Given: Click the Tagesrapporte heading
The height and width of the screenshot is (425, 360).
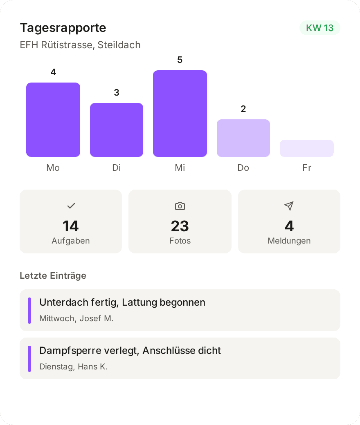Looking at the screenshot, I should tap(63, 28).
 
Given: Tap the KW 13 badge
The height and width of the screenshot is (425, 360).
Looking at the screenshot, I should tap(320, 28).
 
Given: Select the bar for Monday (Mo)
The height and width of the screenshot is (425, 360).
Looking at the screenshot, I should tap(53, 120).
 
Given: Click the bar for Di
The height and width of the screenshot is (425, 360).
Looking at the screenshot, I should tap(117, 130).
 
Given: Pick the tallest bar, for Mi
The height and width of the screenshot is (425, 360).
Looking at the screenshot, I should tap(180, 114).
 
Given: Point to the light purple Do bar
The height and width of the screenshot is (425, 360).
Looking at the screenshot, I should tap(243, 138).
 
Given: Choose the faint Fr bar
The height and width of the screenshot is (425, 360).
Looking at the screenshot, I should tap(307, 148).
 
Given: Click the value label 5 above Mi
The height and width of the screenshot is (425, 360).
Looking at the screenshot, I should tap(180, 60).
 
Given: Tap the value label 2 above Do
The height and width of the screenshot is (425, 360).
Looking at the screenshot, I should tap(243, 109).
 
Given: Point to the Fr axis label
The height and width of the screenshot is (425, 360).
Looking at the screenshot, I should tap(307, 168).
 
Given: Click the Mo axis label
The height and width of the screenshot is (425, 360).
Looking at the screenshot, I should tap(53, 168).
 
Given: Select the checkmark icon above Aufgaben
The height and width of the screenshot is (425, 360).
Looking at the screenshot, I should tap(71, 206).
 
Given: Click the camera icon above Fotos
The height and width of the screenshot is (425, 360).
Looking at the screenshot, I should tap(180, 206).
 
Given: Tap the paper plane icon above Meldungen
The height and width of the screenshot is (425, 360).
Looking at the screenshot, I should tap(289, 206).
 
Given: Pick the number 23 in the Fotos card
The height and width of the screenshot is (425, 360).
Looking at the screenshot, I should tap(180, 226).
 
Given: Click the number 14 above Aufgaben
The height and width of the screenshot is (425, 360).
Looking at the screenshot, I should tap(71, 226).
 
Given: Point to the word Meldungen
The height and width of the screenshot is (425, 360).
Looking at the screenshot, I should tap(289, 241).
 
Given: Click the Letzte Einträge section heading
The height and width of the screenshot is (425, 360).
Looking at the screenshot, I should tap(53, 276).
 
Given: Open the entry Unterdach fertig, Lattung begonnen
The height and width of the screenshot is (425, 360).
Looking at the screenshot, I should tap(122, 302).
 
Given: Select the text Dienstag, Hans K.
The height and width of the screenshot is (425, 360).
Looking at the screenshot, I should tap(74, 367).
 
